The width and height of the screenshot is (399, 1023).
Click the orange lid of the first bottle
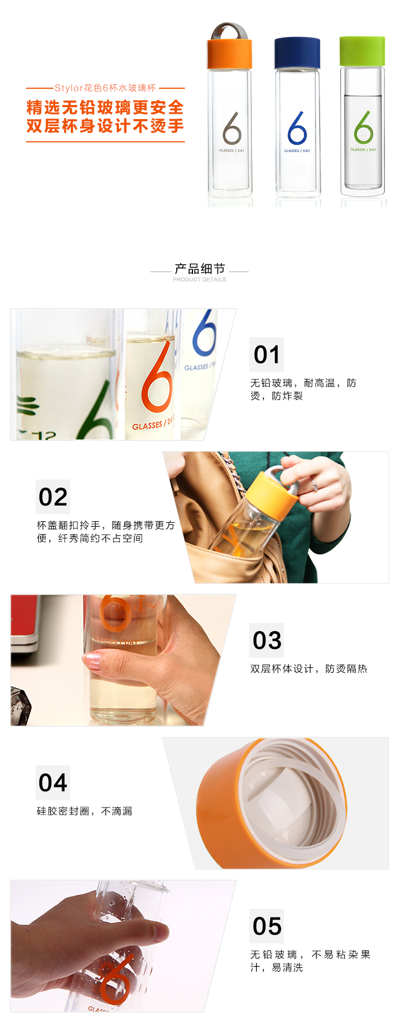pos(229,54)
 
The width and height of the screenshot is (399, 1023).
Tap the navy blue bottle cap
pos(297,53)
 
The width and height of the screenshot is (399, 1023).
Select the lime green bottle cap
pos(362,52)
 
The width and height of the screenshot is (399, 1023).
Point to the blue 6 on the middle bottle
pos(297,128)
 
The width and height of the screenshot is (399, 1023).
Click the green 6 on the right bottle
pos(363,127)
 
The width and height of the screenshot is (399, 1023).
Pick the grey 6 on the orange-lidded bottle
pos(232,128)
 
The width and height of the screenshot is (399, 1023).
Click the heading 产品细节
pos(199,269)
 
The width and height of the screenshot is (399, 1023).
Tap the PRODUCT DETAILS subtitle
pos(199,280)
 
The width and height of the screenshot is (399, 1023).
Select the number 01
pos(267,355)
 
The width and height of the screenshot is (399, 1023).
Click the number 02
pos(53,497)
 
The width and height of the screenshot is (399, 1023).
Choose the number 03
pos(267,640)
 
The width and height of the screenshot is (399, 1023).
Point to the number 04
pos(53,783)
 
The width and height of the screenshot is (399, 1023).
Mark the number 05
pos(267,926)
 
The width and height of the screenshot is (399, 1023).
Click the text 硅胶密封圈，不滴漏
pos(84,811)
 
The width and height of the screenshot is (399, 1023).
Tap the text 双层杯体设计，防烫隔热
pos(309,668)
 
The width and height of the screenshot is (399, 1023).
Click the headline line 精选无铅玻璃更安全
pos(105,107)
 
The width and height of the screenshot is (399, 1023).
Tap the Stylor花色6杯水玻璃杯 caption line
pos(105,88)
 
